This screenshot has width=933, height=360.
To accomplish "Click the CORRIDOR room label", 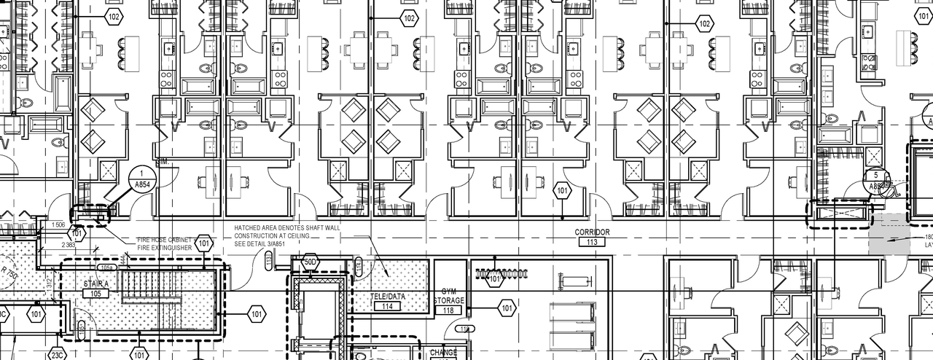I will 591,232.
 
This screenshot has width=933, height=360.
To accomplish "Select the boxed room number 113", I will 591,241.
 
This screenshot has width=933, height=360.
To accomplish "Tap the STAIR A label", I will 96,283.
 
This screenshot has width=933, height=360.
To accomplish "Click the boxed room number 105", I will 95,293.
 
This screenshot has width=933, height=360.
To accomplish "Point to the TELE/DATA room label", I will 387,297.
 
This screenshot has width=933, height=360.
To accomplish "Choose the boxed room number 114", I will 387,306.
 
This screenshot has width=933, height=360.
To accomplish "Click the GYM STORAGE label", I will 448,296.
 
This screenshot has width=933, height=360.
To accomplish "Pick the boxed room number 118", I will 448,310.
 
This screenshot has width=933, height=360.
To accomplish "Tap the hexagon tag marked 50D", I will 311,262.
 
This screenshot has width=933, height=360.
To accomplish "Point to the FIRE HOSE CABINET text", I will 164,240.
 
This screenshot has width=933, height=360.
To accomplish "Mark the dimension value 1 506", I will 59,225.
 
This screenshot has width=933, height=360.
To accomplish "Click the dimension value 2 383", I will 69,245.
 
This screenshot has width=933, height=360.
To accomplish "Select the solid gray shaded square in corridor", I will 889,235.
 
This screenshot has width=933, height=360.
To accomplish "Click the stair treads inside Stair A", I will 149,287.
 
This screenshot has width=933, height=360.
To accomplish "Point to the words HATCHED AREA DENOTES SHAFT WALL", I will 286,228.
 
